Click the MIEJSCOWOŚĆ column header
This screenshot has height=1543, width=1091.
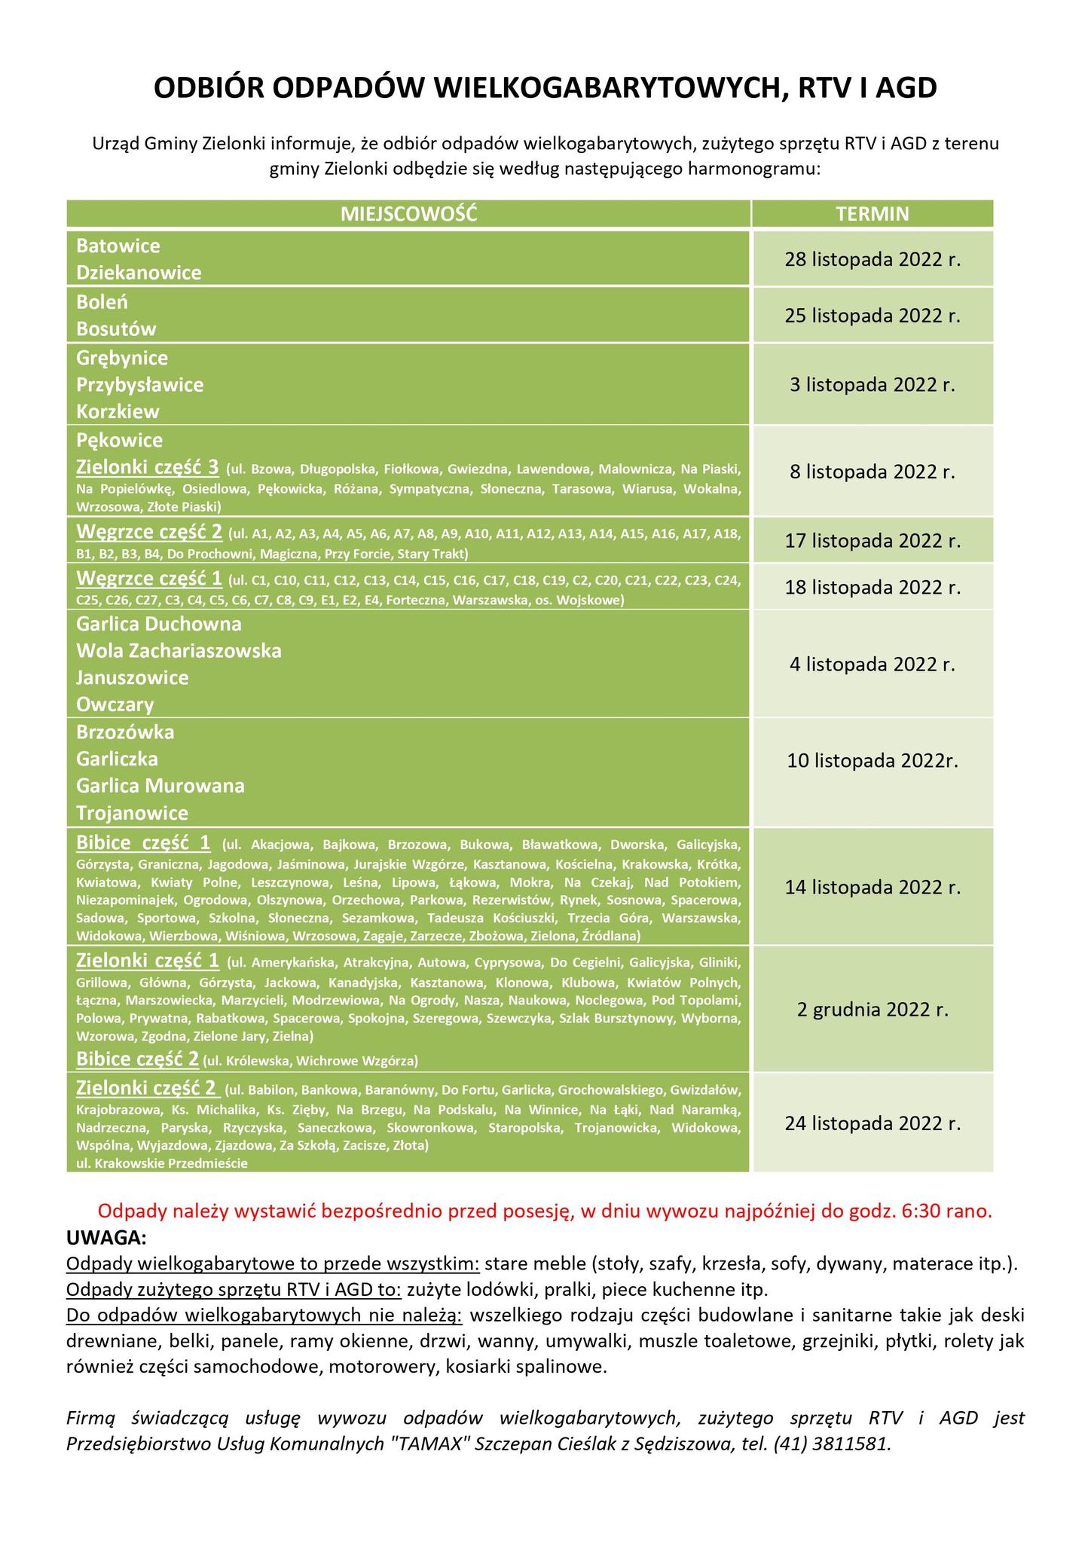tap(408, 214)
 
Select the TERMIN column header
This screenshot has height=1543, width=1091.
tap(872, 214)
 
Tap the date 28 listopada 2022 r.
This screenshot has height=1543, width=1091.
tap(872, 259)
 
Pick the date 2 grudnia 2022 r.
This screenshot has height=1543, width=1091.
tap(872, 1010)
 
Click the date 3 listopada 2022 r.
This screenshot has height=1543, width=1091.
tap(872, 385)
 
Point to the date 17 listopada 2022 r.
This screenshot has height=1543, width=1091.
tap(872, 541)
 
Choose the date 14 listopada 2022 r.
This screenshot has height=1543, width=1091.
tap(872, 887)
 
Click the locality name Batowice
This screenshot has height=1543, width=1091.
tap(118, 246)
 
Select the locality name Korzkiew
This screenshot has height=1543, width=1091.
tap(118, 412)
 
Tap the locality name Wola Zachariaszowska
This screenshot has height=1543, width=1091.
tap(179, 650)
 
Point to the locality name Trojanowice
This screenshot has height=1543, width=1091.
tap(132, 813)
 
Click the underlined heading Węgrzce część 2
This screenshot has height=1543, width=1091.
tap(149, 533)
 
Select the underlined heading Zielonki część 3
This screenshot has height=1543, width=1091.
tap(148, 468)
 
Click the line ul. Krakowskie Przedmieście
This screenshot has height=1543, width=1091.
tap(161, 1163)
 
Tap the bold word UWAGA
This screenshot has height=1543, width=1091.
tap(106, 1238)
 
